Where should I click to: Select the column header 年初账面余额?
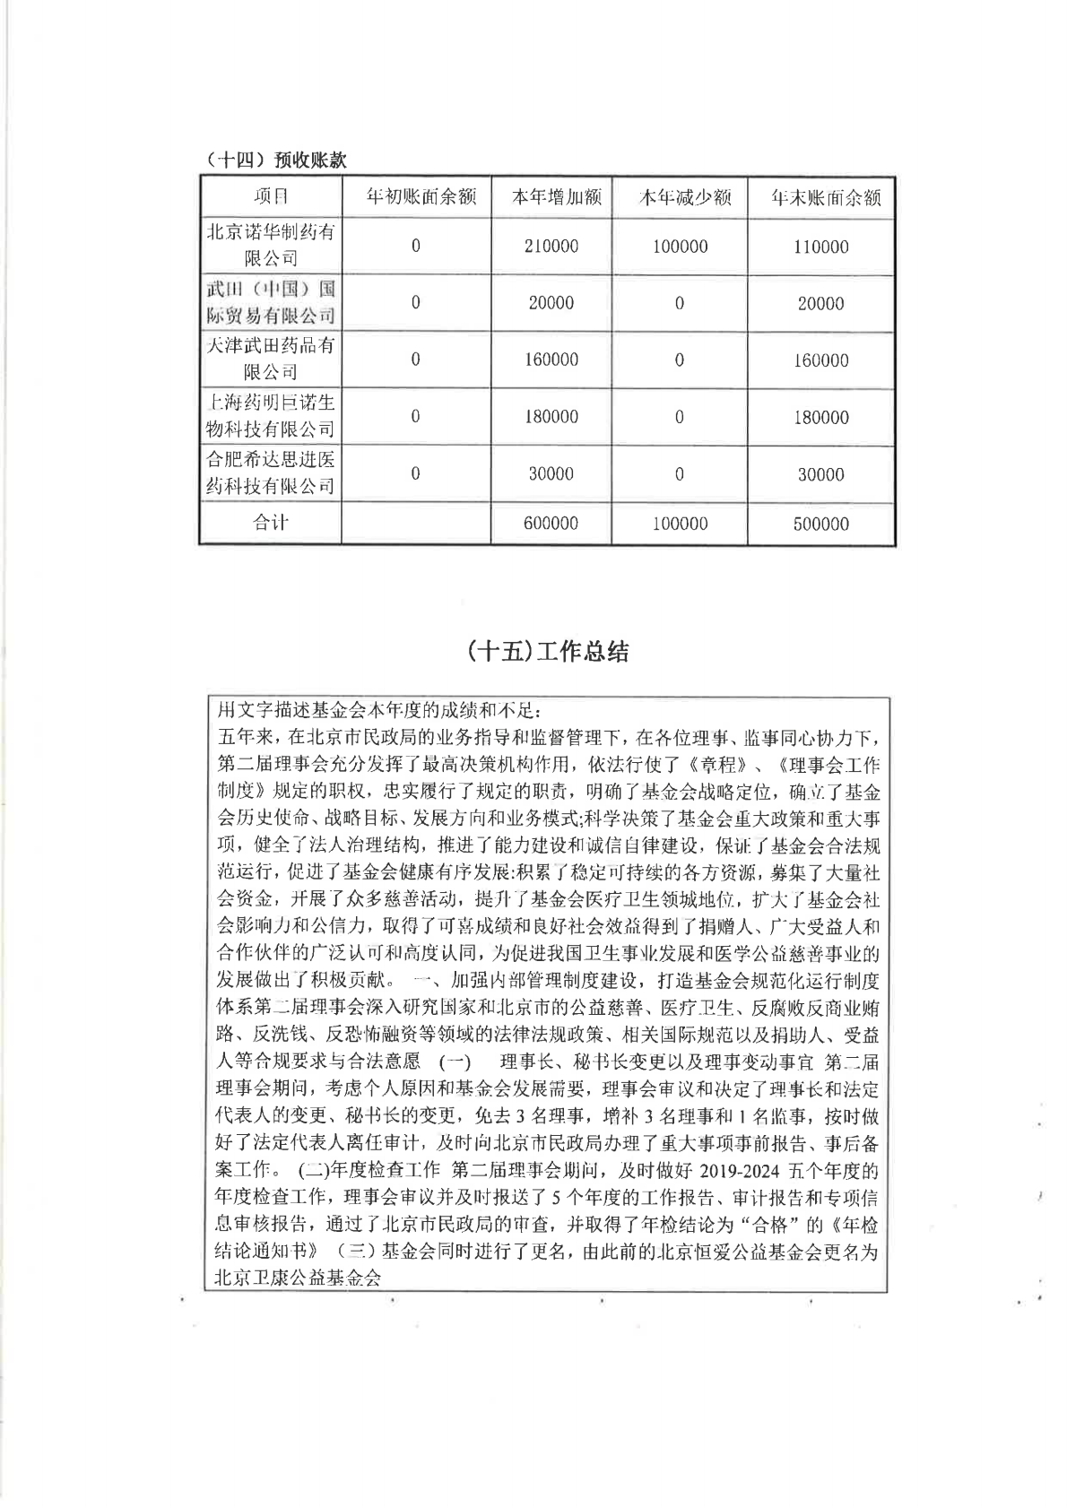416,197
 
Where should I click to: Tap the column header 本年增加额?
551,197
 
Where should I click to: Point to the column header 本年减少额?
679,197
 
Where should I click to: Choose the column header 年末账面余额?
820,197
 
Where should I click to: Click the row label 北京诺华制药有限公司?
271,245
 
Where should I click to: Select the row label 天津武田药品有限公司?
271,359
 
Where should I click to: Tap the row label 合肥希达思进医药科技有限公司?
271,472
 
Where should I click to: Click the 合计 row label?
271,523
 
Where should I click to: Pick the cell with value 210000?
551,247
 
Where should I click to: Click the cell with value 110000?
820,247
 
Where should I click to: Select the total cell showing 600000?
551,524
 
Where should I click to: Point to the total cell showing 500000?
820,524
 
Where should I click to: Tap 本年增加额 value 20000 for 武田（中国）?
551,303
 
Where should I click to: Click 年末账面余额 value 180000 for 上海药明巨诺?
820,417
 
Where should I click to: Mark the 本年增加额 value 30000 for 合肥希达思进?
551,473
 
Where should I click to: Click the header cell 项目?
271,197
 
